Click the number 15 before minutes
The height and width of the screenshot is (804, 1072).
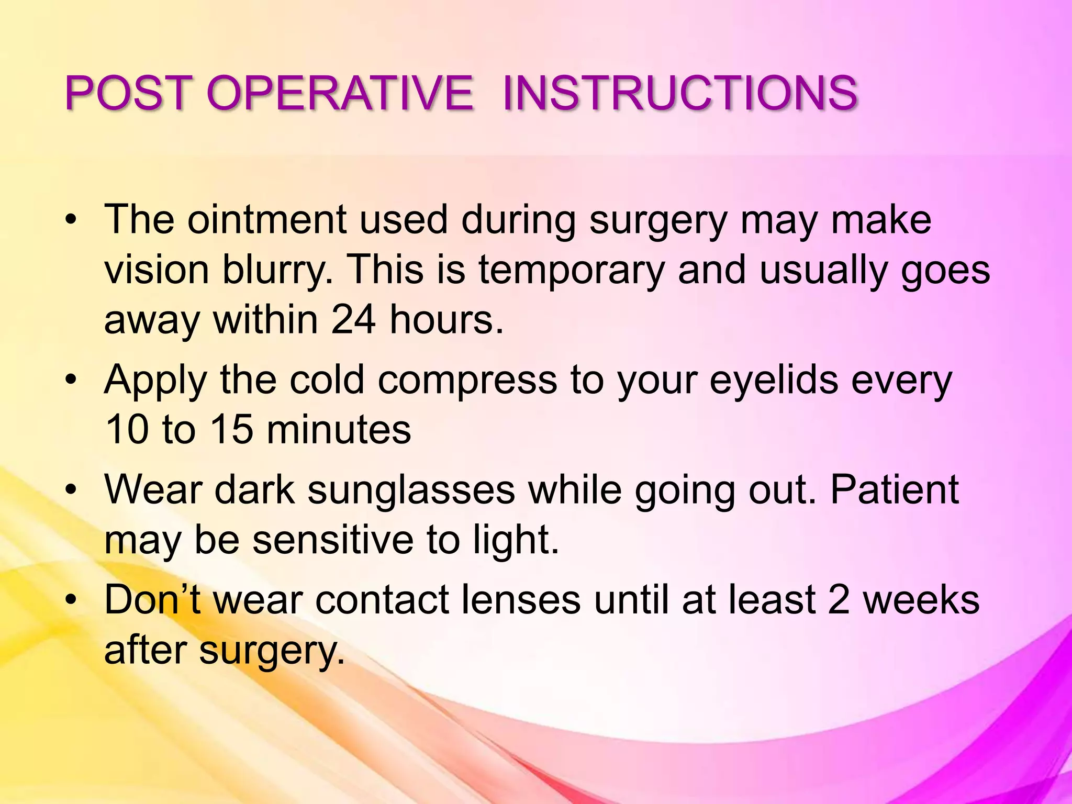click(x=232, y=430)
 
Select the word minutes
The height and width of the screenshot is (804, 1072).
click(x=339, y=430)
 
